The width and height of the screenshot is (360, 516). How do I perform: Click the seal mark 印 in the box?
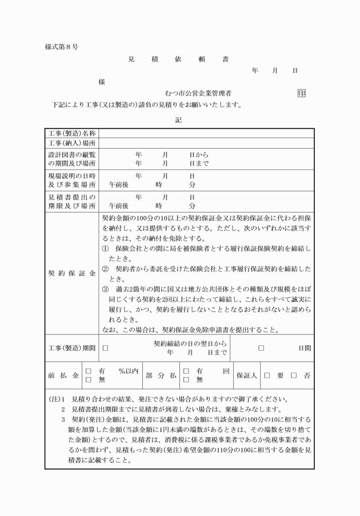tap(301, 93)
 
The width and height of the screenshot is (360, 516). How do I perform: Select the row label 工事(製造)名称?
tap(71, 133)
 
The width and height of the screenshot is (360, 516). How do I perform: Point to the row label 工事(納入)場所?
tap(71, 142)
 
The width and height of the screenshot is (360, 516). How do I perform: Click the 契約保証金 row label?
tap(71, 274)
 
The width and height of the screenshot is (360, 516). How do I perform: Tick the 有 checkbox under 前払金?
tap(89, 371)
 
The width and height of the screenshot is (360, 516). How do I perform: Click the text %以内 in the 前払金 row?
tap(129, 371)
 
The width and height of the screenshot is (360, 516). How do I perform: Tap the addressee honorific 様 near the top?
tap(101, 82)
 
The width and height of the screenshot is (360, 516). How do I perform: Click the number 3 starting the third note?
tap(63, 419)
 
